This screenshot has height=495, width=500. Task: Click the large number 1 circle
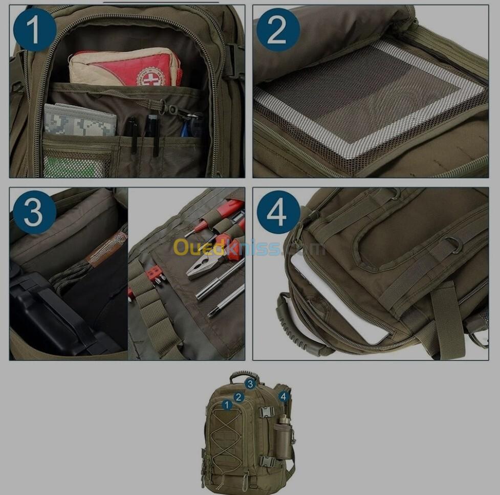[35, 30]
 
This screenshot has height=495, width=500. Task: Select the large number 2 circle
[278, 30]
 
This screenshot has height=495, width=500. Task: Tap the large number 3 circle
[35, 212]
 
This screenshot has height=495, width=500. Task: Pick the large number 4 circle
[278, 212]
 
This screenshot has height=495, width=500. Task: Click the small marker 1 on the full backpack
[227, 405]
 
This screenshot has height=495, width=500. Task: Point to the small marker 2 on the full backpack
[238, 397]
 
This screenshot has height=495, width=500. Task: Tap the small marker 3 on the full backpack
[250, 384]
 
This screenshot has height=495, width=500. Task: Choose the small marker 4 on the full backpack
[284, 397]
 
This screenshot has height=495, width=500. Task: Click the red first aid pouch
[125, 67]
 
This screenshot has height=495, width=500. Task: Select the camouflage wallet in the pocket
[80, 120]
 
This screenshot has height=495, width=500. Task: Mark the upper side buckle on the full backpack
[267, 412]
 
